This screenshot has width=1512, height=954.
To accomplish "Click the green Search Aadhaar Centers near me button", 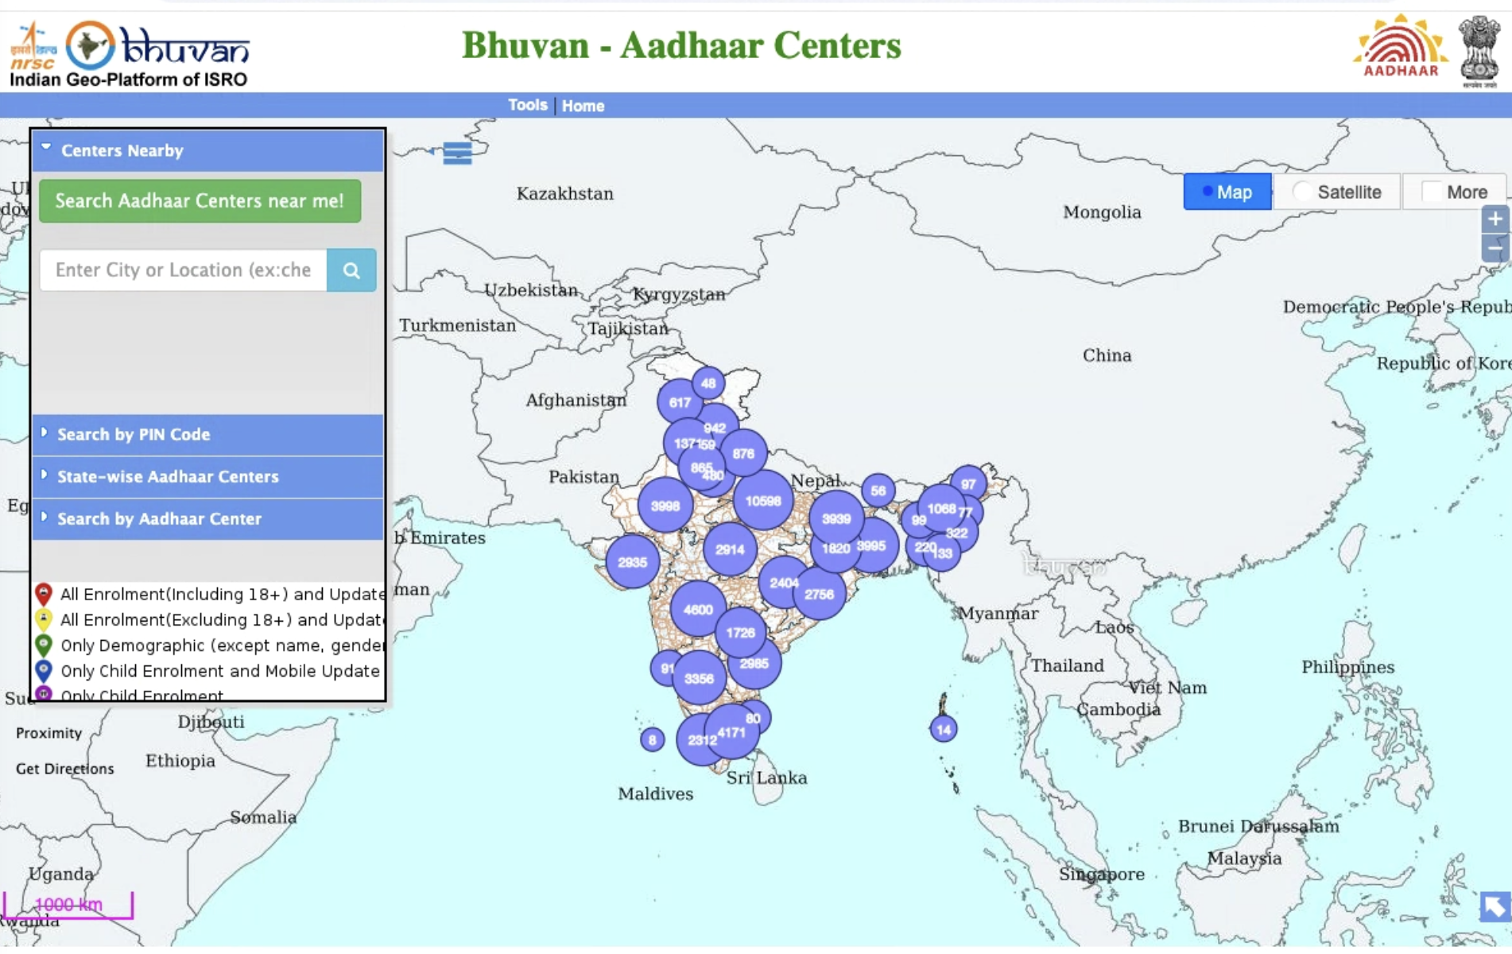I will coord(200,201).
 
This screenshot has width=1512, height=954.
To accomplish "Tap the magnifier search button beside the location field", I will coord(351,270).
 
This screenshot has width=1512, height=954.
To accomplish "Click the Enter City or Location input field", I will coord(183,270).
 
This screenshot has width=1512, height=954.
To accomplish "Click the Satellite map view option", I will coord(1337,192).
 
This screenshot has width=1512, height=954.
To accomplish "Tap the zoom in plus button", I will coord(1495,219).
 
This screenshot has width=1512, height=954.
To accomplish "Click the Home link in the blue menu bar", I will coord(583,106).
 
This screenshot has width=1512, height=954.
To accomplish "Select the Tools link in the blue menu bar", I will coord(528,105).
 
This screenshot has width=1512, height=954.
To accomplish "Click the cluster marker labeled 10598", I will coord(762,501).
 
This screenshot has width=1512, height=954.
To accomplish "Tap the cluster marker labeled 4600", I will coord(698,610).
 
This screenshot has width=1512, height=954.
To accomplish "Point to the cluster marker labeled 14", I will coord(944,729).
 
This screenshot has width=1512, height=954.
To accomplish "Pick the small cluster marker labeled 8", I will coord(652,740).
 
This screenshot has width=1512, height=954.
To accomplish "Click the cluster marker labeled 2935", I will coord(632,562).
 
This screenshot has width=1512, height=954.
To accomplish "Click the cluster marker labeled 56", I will coord(878,491).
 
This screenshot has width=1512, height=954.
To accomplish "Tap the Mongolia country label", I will coord(1102,212).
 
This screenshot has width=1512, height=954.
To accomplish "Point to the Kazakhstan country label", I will coord(564,194).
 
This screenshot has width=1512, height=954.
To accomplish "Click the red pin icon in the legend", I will coord(44,593).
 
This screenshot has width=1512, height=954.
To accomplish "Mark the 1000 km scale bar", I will coord(68,905).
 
